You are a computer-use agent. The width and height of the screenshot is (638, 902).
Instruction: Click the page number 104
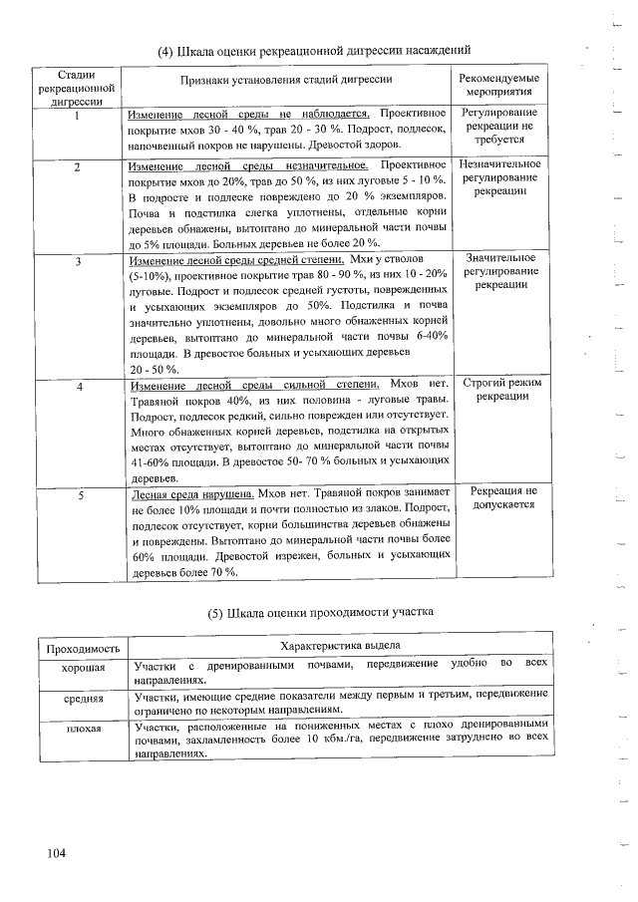(x=55, y=853)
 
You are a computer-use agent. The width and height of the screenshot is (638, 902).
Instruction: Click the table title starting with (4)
(x=314, y=50)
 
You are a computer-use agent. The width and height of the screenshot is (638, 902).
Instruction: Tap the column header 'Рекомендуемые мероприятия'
(x=500, y=85)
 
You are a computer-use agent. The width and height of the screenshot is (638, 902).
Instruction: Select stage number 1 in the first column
(x=77, y=115)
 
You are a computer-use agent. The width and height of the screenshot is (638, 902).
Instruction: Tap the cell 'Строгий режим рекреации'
(x=500, y=390)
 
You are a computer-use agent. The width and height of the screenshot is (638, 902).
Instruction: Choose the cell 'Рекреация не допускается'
(x=501, y=498)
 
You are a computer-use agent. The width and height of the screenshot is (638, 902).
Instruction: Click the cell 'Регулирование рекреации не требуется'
(x=500, y=128)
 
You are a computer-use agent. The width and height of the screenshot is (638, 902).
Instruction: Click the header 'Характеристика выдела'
(x=341, y=648)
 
